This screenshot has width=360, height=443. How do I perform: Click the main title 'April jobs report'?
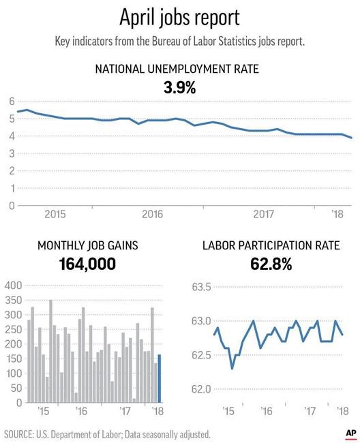click(180, 16)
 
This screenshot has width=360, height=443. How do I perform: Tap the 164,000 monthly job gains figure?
click(77, 262)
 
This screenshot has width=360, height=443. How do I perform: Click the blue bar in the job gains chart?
click(160, 378)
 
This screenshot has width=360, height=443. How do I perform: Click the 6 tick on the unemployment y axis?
click(11, 101)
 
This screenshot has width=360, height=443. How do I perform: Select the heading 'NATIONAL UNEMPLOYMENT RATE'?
click(180, 69)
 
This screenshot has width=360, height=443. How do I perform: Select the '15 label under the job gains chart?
click(44, 412)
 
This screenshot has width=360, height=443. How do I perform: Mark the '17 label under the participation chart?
click(310, 412)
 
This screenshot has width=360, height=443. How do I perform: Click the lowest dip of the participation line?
click(232, 369)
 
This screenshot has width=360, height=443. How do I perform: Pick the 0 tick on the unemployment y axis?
click(11, 205)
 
